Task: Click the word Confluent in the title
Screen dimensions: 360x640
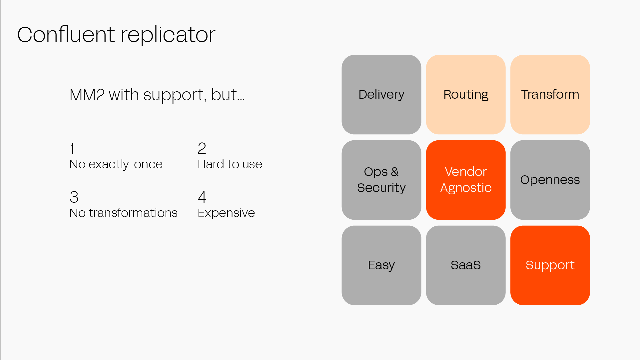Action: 66,35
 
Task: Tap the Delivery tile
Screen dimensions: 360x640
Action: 381,95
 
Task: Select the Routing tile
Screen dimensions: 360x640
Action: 465,95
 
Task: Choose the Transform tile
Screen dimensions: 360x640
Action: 550,95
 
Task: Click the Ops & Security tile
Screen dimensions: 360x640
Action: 381,180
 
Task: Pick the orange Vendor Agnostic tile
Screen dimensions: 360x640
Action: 465,180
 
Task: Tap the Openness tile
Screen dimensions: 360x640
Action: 550,180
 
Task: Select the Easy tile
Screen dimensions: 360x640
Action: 381,265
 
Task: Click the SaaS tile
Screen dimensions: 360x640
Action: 465,265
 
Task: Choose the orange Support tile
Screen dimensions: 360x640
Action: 550,265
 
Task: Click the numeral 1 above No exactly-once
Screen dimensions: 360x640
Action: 72,149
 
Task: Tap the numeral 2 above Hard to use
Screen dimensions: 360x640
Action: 202,149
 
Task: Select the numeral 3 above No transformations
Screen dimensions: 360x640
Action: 74,197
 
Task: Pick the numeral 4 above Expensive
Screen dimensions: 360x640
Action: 202,197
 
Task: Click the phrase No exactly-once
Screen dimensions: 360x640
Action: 116,164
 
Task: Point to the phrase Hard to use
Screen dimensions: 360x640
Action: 230,164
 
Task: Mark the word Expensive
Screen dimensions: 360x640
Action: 226,213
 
